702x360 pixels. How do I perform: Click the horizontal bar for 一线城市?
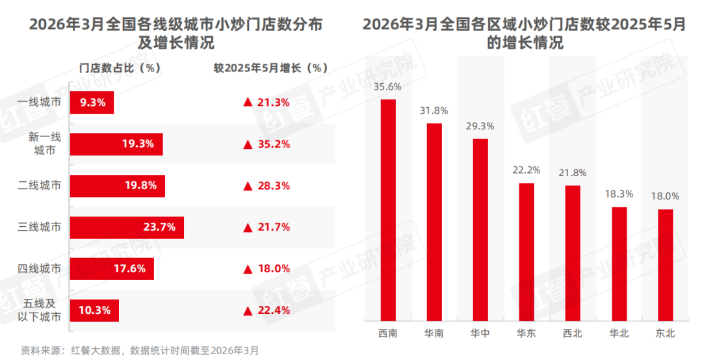pyautogui.click(x=92, y=102)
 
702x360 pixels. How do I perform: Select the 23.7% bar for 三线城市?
pyautogui.click(x=126, y=227)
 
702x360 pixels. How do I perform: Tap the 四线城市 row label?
pyautogui.click(x=40, y=269)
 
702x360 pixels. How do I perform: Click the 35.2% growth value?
pyautogui.click(x=272, y=144)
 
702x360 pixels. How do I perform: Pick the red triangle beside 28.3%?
pyautogui.click(x=247, y=186)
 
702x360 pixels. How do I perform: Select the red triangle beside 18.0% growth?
pyautogui.click(x=247, y=269)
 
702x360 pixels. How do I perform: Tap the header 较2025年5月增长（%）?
pyautogui.click(x=270, y=68)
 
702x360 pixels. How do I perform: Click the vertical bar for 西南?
pyautogui.click(x=388, y=209)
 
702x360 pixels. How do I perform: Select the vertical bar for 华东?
pyautogui.click(x=526, y=251)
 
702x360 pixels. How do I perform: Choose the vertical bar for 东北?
pyautogui.click(x=665, y=264)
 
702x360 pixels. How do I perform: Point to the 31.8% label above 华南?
pyautogui.click(x=434, y=110)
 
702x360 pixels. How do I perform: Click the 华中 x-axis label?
pyautogui.click(x=480, y=334)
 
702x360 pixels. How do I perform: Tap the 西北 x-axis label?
pyautogui.click(x=573, y=334)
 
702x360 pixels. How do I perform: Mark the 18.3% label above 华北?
pyautogui.click(x=619, y=194)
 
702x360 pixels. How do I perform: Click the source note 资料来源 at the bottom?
pyautogui.click(x=140, y=351)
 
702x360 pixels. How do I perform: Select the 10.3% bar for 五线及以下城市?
pyautogui.click(x=94, y=311)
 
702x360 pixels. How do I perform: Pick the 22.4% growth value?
pyautogui.click(x=272, y=311)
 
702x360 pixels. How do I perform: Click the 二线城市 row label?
pyautogui.click(x=40, y=186)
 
